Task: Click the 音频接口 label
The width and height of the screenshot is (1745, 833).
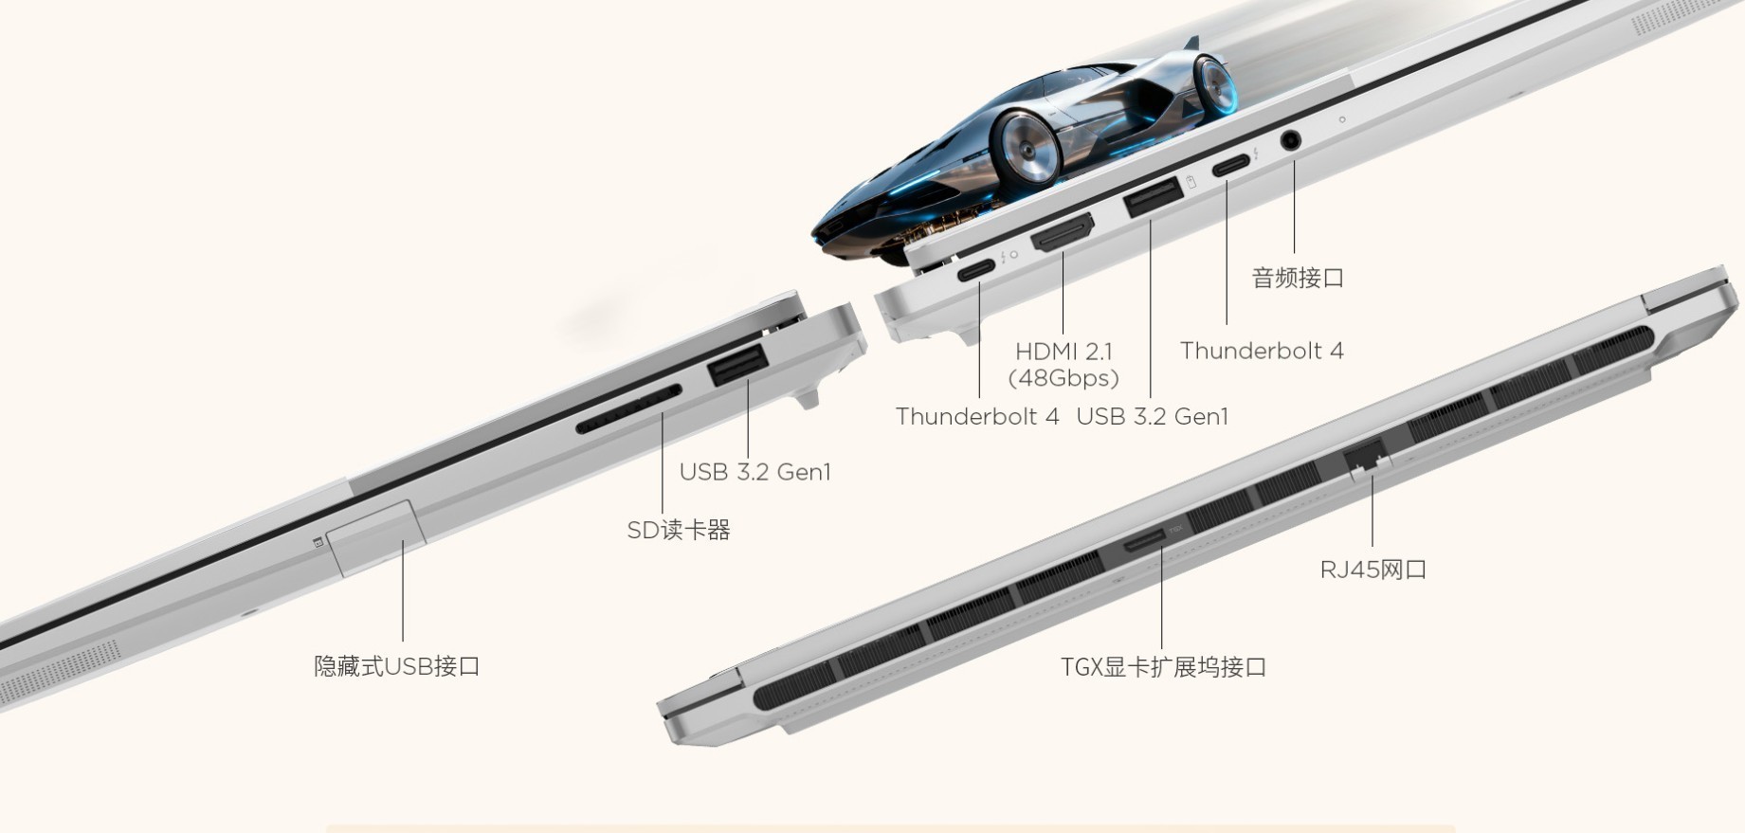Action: click(x=1298, y=278)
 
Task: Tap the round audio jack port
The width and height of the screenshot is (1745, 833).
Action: click(x=1290, y=140)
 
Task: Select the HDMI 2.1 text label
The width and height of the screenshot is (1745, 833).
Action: click(x=1063, y=352)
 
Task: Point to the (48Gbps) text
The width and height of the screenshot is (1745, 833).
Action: click(x=1063, y=378)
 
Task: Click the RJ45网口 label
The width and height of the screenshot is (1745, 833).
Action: click(x=1372, y=570)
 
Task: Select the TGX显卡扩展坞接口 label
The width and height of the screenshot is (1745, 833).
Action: click(x=1163, y=667)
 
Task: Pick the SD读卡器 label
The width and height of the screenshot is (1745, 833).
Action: click(x=679, y=530)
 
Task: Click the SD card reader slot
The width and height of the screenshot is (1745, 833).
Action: click(x=628, y=410)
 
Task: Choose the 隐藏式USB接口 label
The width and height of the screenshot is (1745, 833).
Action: click(x=397, y=666)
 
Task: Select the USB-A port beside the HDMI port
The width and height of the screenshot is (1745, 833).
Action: click(x=1153, y=196)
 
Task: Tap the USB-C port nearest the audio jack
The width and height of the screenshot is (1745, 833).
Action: click(x=1230, y=166)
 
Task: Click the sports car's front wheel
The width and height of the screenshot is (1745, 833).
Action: click(x=1025, y=147)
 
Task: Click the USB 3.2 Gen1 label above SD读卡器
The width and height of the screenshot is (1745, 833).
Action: click(x=754, y=472)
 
